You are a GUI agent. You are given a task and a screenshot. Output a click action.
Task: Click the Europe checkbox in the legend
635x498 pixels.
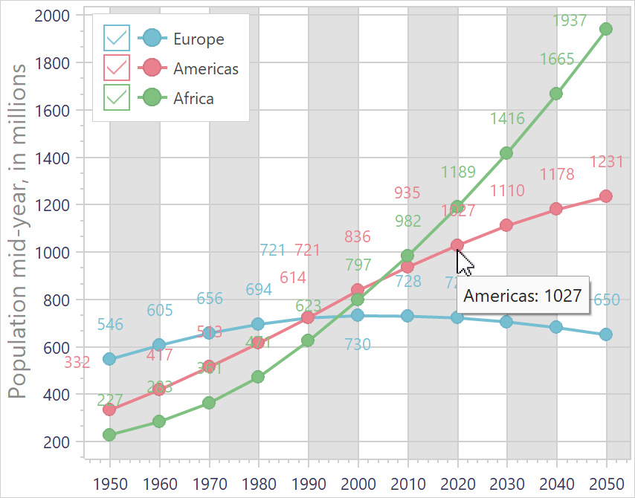(117, 37)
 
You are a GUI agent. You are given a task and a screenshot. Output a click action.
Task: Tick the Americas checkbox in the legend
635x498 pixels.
(117, 68)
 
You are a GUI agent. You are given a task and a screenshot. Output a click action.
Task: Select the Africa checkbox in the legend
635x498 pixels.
(117, 97)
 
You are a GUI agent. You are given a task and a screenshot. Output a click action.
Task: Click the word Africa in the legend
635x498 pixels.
(193, 98)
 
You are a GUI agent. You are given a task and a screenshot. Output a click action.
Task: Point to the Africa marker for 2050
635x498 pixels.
(606, 29)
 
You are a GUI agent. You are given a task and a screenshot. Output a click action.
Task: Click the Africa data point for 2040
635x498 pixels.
(556, 94)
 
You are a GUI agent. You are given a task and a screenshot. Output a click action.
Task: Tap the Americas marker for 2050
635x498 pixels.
(606, 196)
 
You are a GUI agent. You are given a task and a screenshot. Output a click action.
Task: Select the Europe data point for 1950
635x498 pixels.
(109, 359)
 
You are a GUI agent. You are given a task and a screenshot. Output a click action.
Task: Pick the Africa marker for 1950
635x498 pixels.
(109, 435)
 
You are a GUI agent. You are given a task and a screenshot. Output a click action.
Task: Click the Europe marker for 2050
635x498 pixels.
(606, 334)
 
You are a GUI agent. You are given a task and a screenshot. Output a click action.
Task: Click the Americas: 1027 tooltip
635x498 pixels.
(523, 295)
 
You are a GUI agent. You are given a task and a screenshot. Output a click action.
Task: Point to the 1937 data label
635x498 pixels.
(570, 21)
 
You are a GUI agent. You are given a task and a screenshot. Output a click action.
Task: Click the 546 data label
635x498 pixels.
(110, 325)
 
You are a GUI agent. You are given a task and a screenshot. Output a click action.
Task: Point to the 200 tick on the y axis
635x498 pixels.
(57, 442)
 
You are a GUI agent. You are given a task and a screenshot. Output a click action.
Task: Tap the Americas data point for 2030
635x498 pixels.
(506, 224)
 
